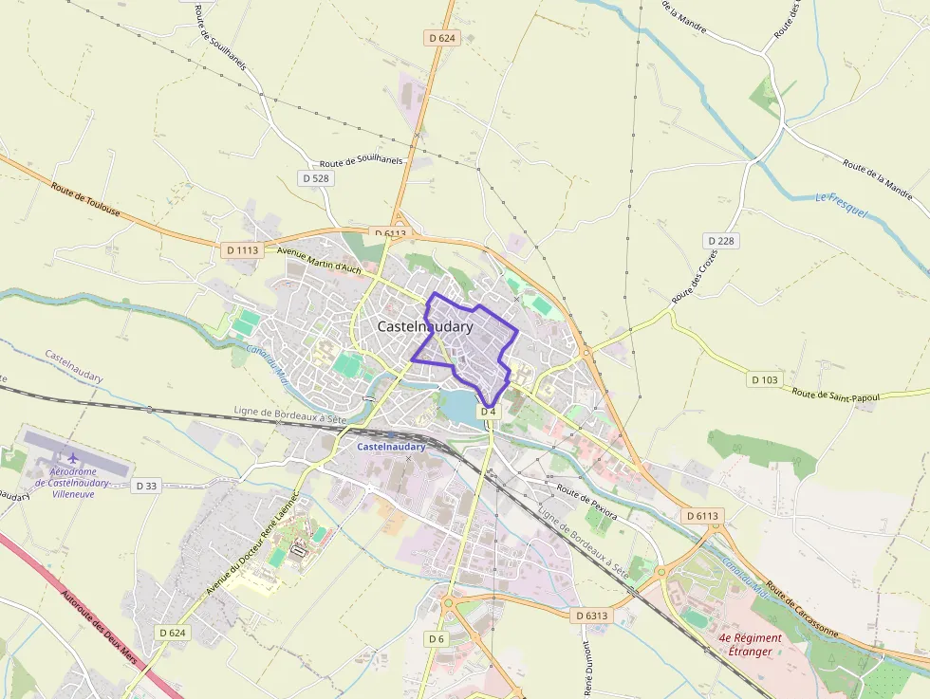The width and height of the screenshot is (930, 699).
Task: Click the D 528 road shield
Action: point(315,178)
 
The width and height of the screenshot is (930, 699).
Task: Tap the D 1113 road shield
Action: point(241,250)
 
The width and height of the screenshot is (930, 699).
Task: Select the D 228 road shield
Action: point(720,241)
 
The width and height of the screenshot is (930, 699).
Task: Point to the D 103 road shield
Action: point(764,379)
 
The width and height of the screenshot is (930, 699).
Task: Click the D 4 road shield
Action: point(489,412)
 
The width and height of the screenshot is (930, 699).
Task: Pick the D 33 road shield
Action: point(146,486)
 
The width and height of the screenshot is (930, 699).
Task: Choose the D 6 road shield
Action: point(436,639)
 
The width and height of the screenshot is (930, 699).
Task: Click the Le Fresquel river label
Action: point(842,206)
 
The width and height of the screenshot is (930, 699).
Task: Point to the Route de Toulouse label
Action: point(85,200)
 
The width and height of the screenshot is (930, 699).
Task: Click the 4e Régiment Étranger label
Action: point(750,645)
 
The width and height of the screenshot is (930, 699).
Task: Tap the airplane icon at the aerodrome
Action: point(72,459)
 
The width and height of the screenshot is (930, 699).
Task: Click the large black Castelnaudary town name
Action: point(425,326)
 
